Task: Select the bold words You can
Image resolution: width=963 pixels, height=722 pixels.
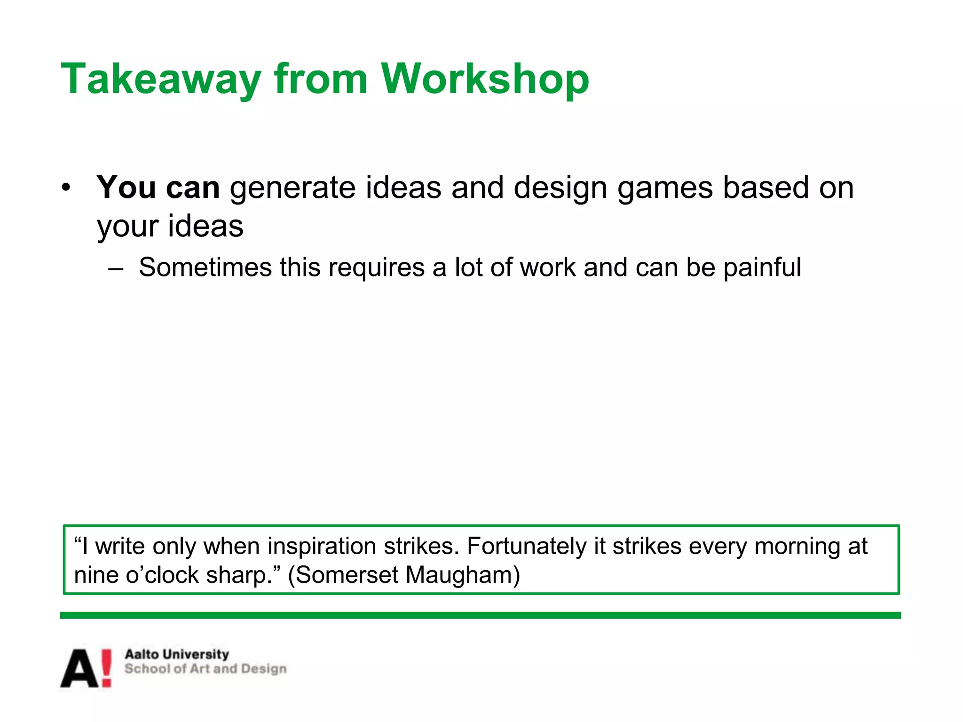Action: (x=158, y=188)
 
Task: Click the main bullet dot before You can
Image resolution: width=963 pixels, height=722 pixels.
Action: (x=66, y=188)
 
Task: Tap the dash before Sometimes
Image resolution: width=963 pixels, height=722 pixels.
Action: (x=116, y=269)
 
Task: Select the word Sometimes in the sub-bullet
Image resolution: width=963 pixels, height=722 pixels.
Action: (x=205, y=267)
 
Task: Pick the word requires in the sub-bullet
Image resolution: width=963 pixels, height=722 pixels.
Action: (x=377, y=268)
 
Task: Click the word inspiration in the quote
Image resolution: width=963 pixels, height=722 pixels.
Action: (x=322, y=546)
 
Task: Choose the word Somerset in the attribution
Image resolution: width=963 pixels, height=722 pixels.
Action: (x=348, y=575)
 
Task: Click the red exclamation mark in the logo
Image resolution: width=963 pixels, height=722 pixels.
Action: (x=107, y=668)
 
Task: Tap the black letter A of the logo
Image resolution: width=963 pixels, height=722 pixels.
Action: (x=80, y=668)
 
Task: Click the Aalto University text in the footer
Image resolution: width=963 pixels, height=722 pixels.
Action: (x=177, y=654)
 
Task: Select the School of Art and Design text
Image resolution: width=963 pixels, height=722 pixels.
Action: (x=205, y=669)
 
